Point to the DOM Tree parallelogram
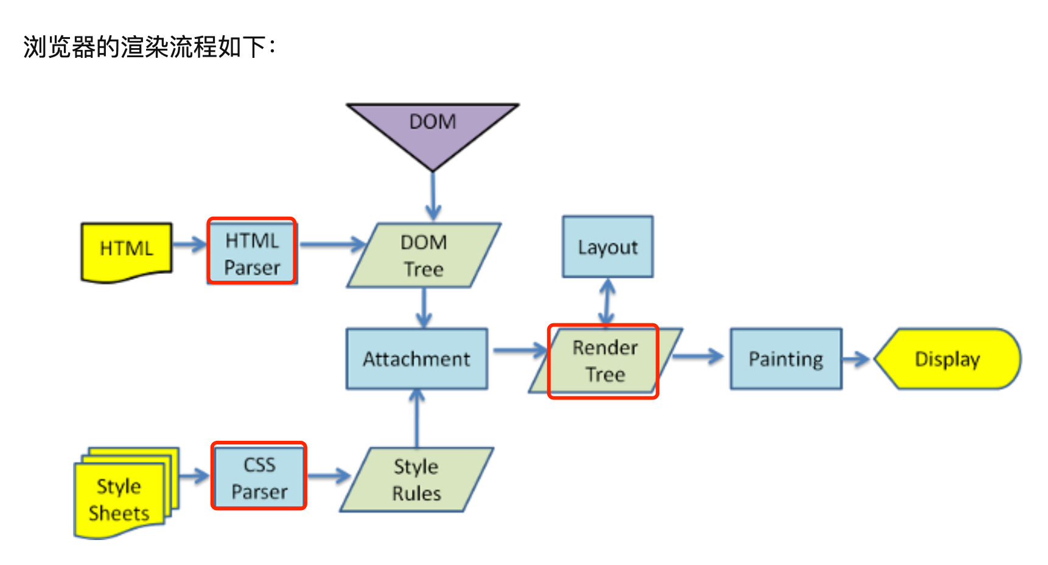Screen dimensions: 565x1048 (x=424, y=256)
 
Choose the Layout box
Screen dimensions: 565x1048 (x=607, y=247)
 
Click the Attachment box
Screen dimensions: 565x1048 (x=417, y=359)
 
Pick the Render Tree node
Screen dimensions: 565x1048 (x=604, y=361)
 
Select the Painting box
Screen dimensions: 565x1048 (x=786, y=359)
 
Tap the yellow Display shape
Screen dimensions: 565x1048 (x=947, y=359)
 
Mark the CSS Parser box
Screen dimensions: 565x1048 (x=259, y=477)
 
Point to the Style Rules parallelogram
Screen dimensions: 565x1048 (x=416, y=480)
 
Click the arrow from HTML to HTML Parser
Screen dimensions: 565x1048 (x=190, y=245)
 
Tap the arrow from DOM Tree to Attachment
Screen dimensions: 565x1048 (x=424, y=308)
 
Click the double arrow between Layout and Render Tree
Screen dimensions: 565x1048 (x=607, y=301)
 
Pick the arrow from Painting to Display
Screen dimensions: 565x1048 (x=857, y=359)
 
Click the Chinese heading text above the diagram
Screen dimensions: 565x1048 (x=150, y=47)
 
